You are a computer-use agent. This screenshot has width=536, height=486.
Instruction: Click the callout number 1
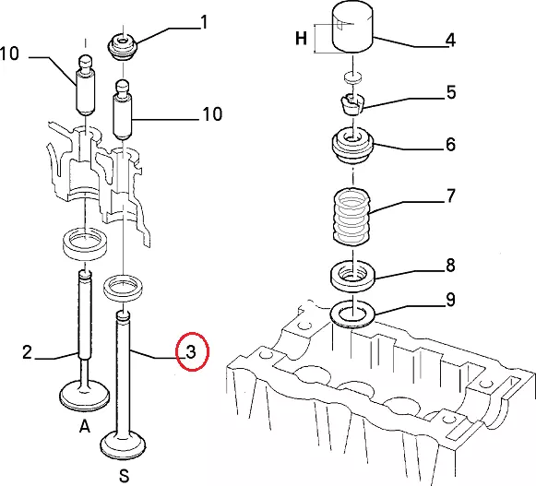click(204, 22)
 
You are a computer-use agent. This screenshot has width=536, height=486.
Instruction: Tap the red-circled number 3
click(191, 351)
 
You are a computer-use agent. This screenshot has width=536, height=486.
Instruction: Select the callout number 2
click(27, 352)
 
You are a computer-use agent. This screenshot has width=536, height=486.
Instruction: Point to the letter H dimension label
click(301, 38)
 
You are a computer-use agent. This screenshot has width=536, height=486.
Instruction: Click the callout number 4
click(450, 40)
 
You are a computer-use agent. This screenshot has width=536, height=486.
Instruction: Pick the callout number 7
click(451, 196)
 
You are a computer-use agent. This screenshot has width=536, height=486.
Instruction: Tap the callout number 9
click(450, 300)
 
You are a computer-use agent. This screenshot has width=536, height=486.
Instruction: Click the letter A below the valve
click(85, 426)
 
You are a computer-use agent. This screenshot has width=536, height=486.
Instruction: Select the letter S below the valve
click(125, 476)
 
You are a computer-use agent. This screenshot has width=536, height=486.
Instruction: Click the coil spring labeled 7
click(351, 217)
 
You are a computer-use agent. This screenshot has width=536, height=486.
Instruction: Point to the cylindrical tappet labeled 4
click(352, 27)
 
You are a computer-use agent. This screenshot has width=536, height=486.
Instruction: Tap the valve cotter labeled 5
click(352, 103)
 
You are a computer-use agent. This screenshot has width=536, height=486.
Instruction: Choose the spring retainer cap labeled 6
click(352, 146)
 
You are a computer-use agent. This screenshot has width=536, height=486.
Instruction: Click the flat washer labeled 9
click(352, 314)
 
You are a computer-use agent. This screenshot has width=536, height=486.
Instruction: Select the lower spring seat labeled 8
click(352, 276)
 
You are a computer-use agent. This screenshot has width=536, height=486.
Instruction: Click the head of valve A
click(85, 395)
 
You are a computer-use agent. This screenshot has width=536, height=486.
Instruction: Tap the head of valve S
click(124, 445)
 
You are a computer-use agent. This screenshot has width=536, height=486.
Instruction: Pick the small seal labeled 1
click(123, 47)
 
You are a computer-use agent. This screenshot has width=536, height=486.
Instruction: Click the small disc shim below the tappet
click(352, 77)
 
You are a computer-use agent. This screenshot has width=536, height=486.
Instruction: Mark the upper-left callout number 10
click(9, 53)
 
